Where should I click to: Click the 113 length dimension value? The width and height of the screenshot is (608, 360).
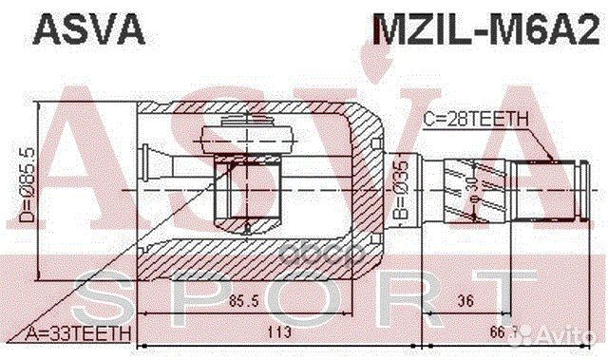(x=279, y=332)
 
